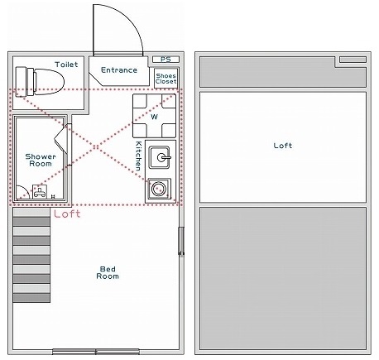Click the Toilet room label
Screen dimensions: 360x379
[x=67, y=64]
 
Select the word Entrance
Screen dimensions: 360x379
[x=119, y=70]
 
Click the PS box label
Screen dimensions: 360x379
[x=166, y=60]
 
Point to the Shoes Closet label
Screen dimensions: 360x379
[x=166, y=79]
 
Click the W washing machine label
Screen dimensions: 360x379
[x=154, y=117]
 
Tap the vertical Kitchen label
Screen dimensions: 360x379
[x=138, y=156]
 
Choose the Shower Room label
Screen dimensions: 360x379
[x=39, y=160]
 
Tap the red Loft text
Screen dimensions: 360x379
[x=67, y=214]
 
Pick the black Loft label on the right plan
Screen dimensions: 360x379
[x=283, y=146]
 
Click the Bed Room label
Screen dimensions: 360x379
[x=108, y=272]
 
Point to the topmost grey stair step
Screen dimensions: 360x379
[x=31, y=214]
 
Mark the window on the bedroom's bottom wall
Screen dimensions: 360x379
[x=95, y=350]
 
